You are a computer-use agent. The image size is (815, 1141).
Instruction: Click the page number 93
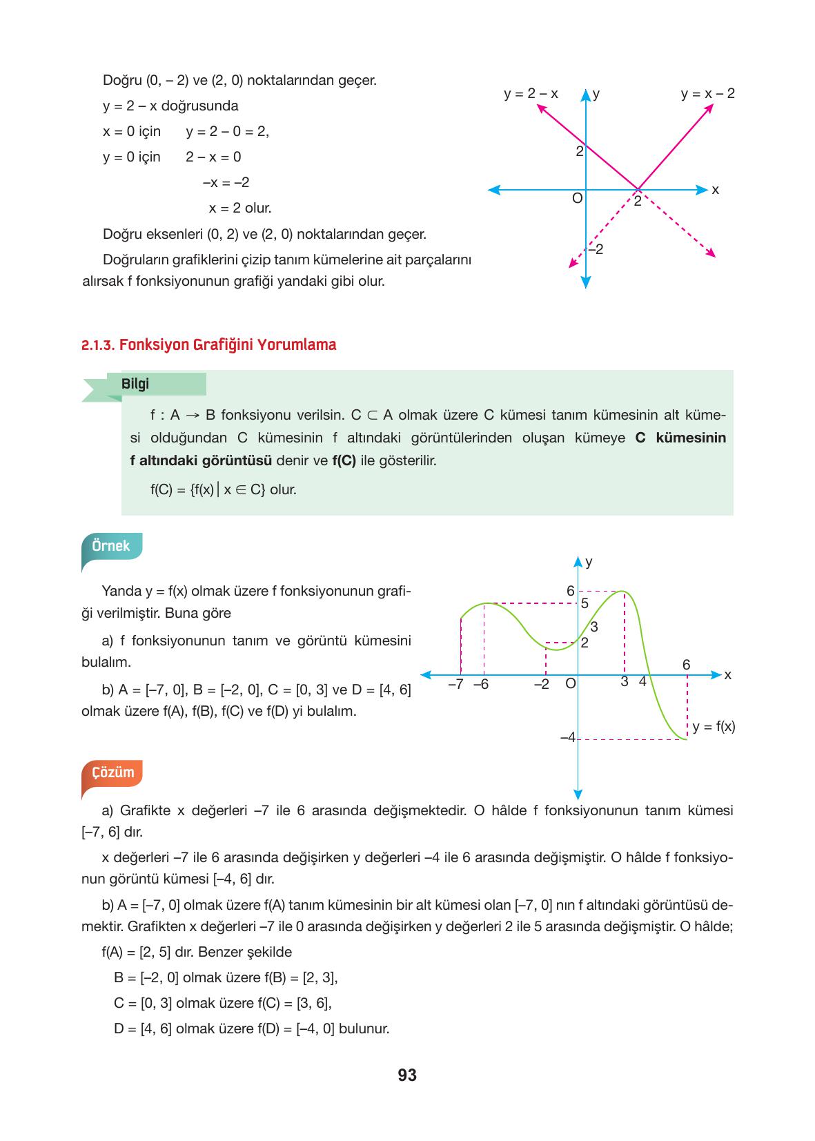pyautogui.click(x=407, y=1075)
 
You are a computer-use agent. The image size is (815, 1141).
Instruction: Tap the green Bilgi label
pyautogui.click(x=135, y=384)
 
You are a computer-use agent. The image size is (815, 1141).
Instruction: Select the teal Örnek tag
pyautogui.click(x=111, y=546)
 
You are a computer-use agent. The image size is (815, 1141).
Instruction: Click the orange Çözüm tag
pyautogui.click(x=112, y=772)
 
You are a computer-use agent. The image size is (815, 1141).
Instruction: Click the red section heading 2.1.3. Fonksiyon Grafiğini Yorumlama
pyautogui.click(x=208, y=344)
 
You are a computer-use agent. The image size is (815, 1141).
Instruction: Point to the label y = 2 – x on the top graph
pyautogui.click(x=531, y=93)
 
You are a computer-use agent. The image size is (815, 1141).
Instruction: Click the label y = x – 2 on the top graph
pyautogui.click(x=707, y=93)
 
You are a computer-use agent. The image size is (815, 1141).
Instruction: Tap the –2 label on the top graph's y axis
pyautogui.click(x=596, y=249)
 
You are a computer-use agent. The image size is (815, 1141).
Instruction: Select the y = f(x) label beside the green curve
pyautogui.click(x=714, y=726)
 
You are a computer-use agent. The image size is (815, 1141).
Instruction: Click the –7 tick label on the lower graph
pyautogui.click(x=455, y=685)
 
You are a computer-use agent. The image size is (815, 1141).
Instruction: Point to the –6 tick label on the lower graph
pyautogui.click(x=480, y=685)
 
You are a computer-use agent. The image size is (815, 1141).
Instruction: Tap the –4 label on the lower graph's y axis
pyautogui.click(x=567, y=738)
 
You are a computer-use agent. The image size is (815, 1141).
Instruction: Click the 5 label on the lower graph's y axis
pyautogui.click(x=584, y=603)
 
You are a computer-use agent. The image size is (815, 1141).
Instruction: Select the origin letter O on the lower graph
pyautogui.click(x=570, y=684)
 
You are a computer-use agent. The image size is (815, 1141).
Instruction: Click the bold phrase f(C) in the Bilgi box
pyautogui.click(x=344, y=460)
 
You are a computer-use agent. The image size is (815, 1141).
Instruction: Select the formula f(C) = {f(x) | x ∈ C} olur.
pyautogui.click(x=224, y=490)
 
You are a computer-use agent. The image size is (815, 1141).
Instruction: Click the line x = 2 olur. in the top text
pyautogui.click(x=240, y=208)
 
